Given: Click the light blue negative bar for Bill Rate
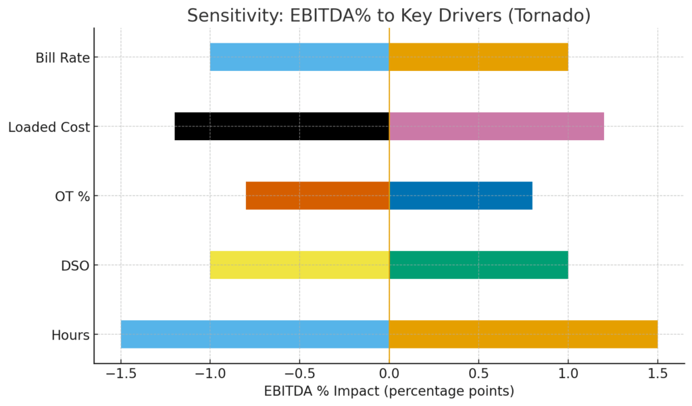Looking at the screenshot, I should [299, 57].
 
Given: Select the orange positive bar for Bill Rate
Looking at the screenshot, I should [478, 57].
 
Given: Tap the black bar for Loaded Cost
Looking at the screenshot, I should [282, 127].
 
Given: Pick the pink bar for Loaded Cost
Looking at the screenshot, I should [496, 127].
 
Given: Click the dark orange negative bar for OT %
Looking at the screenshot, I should [318, 196].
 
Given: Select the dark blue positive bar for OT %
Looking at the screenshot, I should [461, 196].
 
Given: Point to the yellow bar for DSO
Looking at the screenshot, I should [299, 265].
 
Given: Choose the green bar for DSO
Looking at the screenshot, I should [478, 265].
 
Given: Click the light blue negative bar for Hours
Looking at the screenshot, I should [255, 334].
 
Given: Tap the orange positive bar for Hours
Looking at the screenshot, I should [523, 334].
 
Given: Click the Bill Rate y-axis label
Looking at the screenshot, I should [62, 58].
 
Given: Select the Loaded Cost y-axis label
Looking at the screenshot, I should [49, 127].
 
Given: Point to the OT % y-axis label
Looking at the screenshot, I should [72, 196].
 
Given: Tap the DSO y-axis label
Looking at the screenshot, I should [76, 266].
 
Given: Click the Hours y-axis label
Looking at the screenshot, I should [70, 335].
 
